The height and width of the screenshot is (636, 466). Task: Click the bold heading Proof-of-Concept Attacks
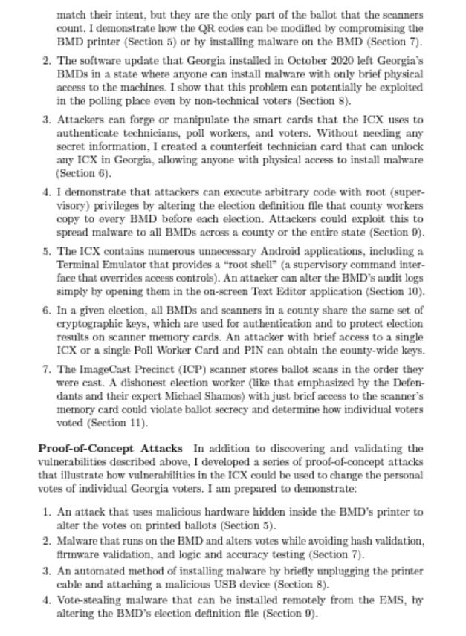(x=110, y=448)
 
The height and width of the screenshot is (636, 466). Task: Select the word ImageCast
(x=106, y=369)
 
